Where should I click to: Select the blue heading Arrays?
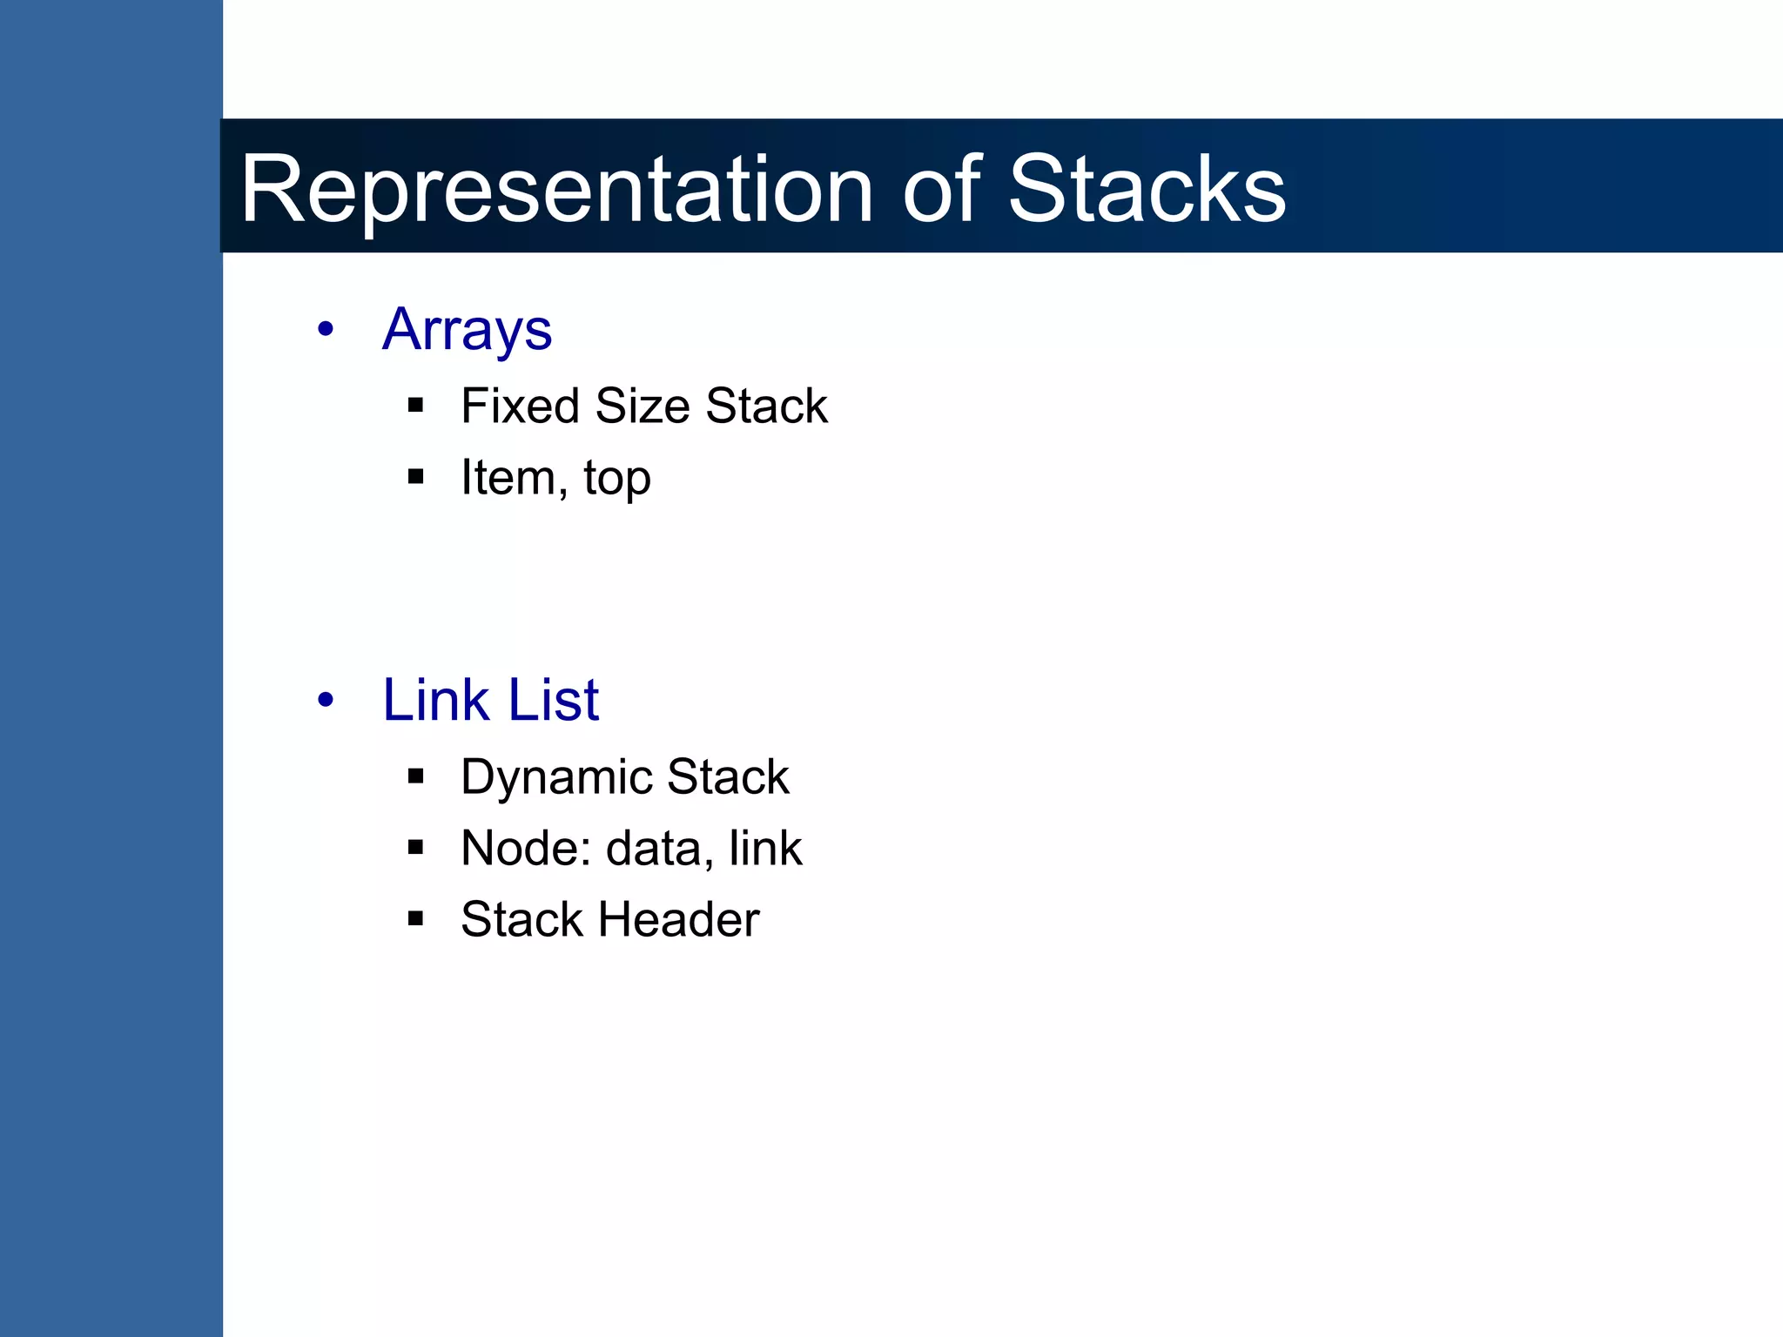[x=467, y=330]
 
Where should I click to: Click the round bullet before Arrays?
[x=326, y=330]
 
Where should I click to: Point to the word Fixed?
[x=519, y=406]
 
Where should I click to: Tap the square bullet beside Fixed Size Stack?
[x=415, y=405]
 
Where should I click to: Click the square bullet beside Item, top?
[x=415, y=476]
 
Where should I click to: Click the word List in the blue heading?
[x=554, y=700]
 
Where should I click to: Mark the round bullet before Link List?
[x=326, y=700]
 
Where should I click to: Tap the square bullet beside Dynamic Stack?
[x=415, y=776]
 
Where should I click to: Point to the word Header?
[x=678, y=920]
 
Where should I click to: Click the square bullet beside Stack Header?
[x=415, y=918]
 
